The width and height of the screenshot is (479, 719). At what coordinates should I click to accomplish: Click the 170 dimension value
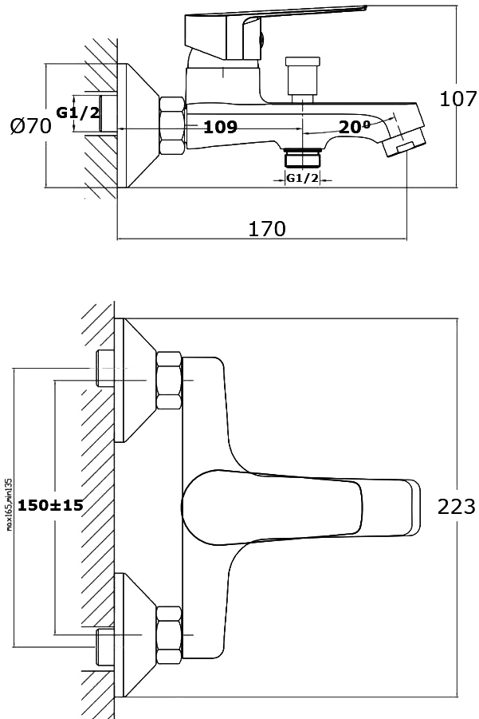pyautogui.click(x=267, y=229)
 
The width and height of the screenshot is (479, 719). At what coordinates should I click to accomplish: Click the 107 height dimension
pyautogui.click(x=458, y=99)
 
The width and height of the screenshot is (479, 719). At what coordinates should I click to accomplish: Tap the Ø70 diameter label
pyautogui.click(x=31, y=125)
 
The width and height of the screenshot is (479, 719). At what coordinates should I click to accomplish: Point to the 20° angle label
pyautogui.click(x=354, y=127)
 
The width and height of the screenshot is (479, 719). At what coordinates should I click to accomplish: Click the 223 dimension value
pyautogui.click(x=457, y=505)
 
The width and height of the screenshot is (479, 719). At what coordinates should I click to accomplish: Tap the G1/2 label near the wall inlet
pyautogui.click(x=78, y=113)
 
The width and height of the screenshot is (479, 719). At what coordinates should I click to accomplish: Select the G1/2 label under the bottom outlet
pyautogui.click(x=302, y=178)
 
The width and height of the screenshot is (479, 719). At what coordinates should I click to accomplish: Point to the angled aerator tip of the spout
pyautogui.click(x=404, y=141)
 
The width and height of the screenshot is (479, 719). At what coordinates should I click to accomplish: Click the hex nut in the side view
pyautogui.click(x=171, y=126)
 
